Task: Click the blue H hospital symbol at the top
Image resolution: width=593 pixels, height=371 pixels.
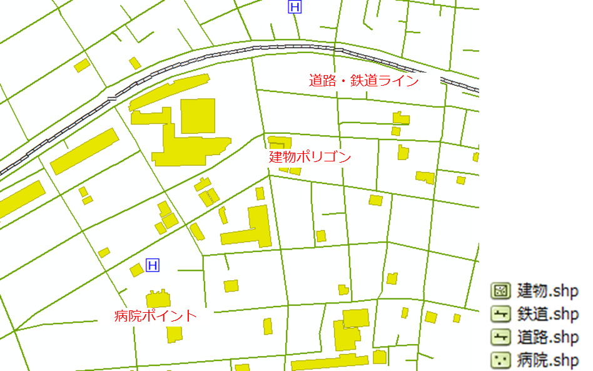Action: [x=294, y=7]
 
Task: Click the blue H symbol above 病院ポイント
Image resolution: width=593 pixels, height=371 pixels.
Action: [x=152, y=266]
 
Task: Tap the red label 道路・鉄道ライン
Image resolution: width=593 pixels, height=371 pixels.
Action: [x=363, y=81]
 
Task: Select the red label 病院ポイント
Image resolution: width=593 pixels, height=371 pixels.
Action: [x=156, y=316]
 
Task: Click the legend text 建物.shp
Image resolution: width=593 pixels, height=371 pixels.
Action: [x=548, y=291]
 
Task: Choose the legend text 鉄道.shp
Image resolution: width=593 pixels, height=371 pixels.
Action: [x=548, y=314]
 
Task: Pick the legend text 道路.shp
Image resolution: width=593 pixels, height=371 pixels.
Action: [x=548, y=337]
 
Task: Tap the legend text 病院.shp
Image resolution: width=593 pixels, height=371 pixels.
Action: [x=548, y=360]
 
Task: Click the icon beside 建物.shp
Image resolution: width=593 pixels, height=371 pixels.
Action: [x=500, y=291]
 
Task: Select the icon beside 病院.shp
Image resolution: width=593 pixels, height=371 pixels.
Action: [x=500, y=360]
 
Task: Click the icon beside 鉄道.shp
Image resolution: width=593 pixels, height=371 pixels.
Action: [x=500, y=314]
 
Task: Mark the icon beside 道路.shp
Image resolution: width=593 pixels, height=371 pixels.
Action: [x=500, y=337]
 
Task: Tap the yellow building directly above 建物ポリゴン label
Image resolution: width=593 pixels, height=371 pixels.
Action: [x=280, y=142]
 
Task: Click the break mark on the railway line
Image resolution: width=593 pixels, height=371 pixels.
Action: [x=112, y=98]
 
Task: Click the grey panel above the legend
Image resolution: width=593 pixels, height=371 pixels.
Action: [x=535, y=125]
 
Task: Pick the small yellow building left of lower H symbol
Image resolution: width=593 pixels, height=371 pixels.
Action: [x=136, y=270]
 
